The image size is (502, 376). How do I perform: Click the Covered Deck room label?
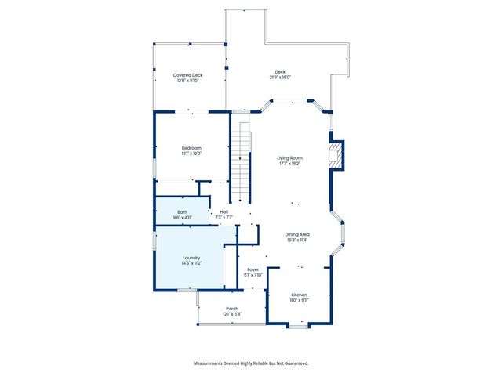pyautogui.click(x=187, y=75)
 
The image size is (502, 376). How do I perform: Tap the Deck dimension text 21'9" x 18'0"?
pyautogui.click(x=281, y=78)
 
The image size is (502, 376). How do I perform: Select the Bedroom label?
pyautogui.click(x=192, y=148)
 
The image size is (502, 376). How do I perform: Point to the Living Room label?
pyautogui.click(x=289, y=158)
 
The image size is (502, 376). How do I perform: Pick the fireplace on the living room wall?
pyautogui.click(x=336, y=154)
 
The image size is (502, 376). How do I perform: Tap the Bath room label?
pyautogui.click(x=182, y=211)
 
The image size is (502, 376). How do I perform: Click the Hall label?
pyautogui.click(x=224, y=211)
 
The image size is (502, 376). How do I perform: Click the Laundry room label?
pyautogui.click(x=192, y=257)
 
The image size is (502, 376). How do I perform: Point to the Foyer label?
pyautogui.click(x=253, y=269)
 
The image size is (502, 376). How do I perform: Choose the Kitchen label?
pyautogui.click(x=299, y=294)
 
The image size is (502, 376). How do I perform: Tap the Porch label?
pyautogui.click(x=232, y=309)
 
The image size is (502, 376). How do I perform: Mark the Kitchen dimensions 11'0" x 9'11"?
pyautogui.click(x=299, y=299)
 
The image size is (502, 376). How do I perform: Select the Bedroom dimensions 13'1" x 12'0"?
pyautogui.click(x=192, y=154)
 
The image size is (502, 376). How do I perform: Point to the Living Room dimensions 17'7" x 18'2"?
pyautogui.click(x=289, y=164)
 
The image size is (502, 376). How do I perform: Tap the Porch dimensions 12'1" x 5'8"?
pyautogui.click(x=232, y=314)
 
